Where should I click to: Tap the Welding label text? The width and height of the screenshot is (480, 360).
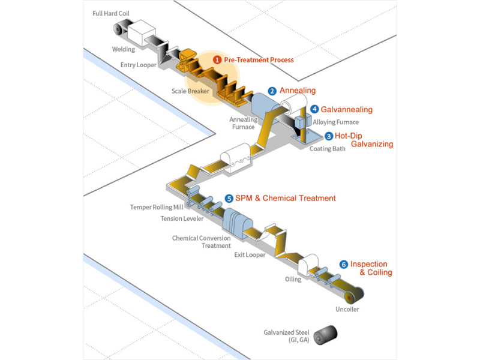pyautogui.click(x=124, y=49)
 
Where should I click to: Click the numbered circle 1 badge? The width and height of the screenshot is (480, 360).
pyautogui.click(x=217, y=60)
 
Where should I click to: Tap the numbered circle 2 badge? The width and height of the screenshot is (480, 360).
pyautogui.click(x=272, y=91)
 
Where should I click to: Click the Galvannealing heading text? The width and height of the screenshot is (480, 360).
pyautogui.click(x=347, y=110)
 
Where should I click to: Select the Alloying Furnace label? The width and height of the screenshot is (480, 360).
pyautogui.click(x=336, y=122)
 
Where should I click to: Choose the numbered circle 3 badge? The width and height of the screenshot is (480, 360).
pyautogui.click(x=328, y=136)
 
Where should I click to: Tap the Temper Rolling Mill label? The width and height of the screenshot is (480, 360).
pyautogui.click(x=157, y=208)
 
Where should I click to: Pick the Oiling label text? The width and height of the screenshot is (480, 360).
pyautogui.click(x=293, y=279)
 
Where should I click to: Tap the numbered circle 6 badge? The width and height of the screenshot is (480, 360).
pyautogui.click(x=343, y=264)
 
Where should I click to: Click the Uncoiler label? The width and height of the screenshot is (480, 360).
pyautogui.click(x=347, y=310)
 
